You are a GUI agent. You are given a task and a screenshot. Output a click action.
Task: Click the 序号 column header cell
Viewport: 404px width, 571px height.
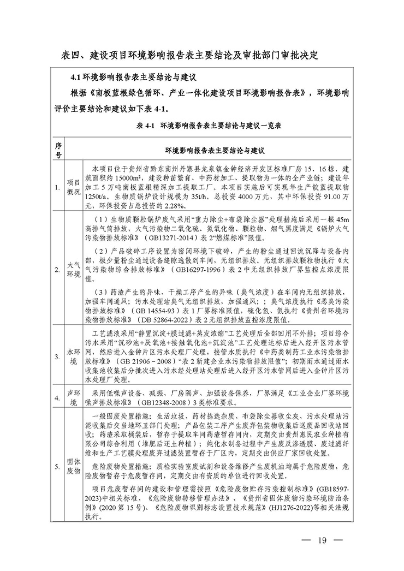pos(59,150)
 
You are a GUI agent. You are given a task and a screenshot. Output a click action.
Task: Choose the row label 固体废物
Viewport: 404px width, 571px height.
pos(73,465)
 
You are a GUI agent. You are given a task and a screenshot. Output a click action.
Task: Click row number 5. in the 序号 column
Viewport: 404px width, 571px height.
pos(58,466)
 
